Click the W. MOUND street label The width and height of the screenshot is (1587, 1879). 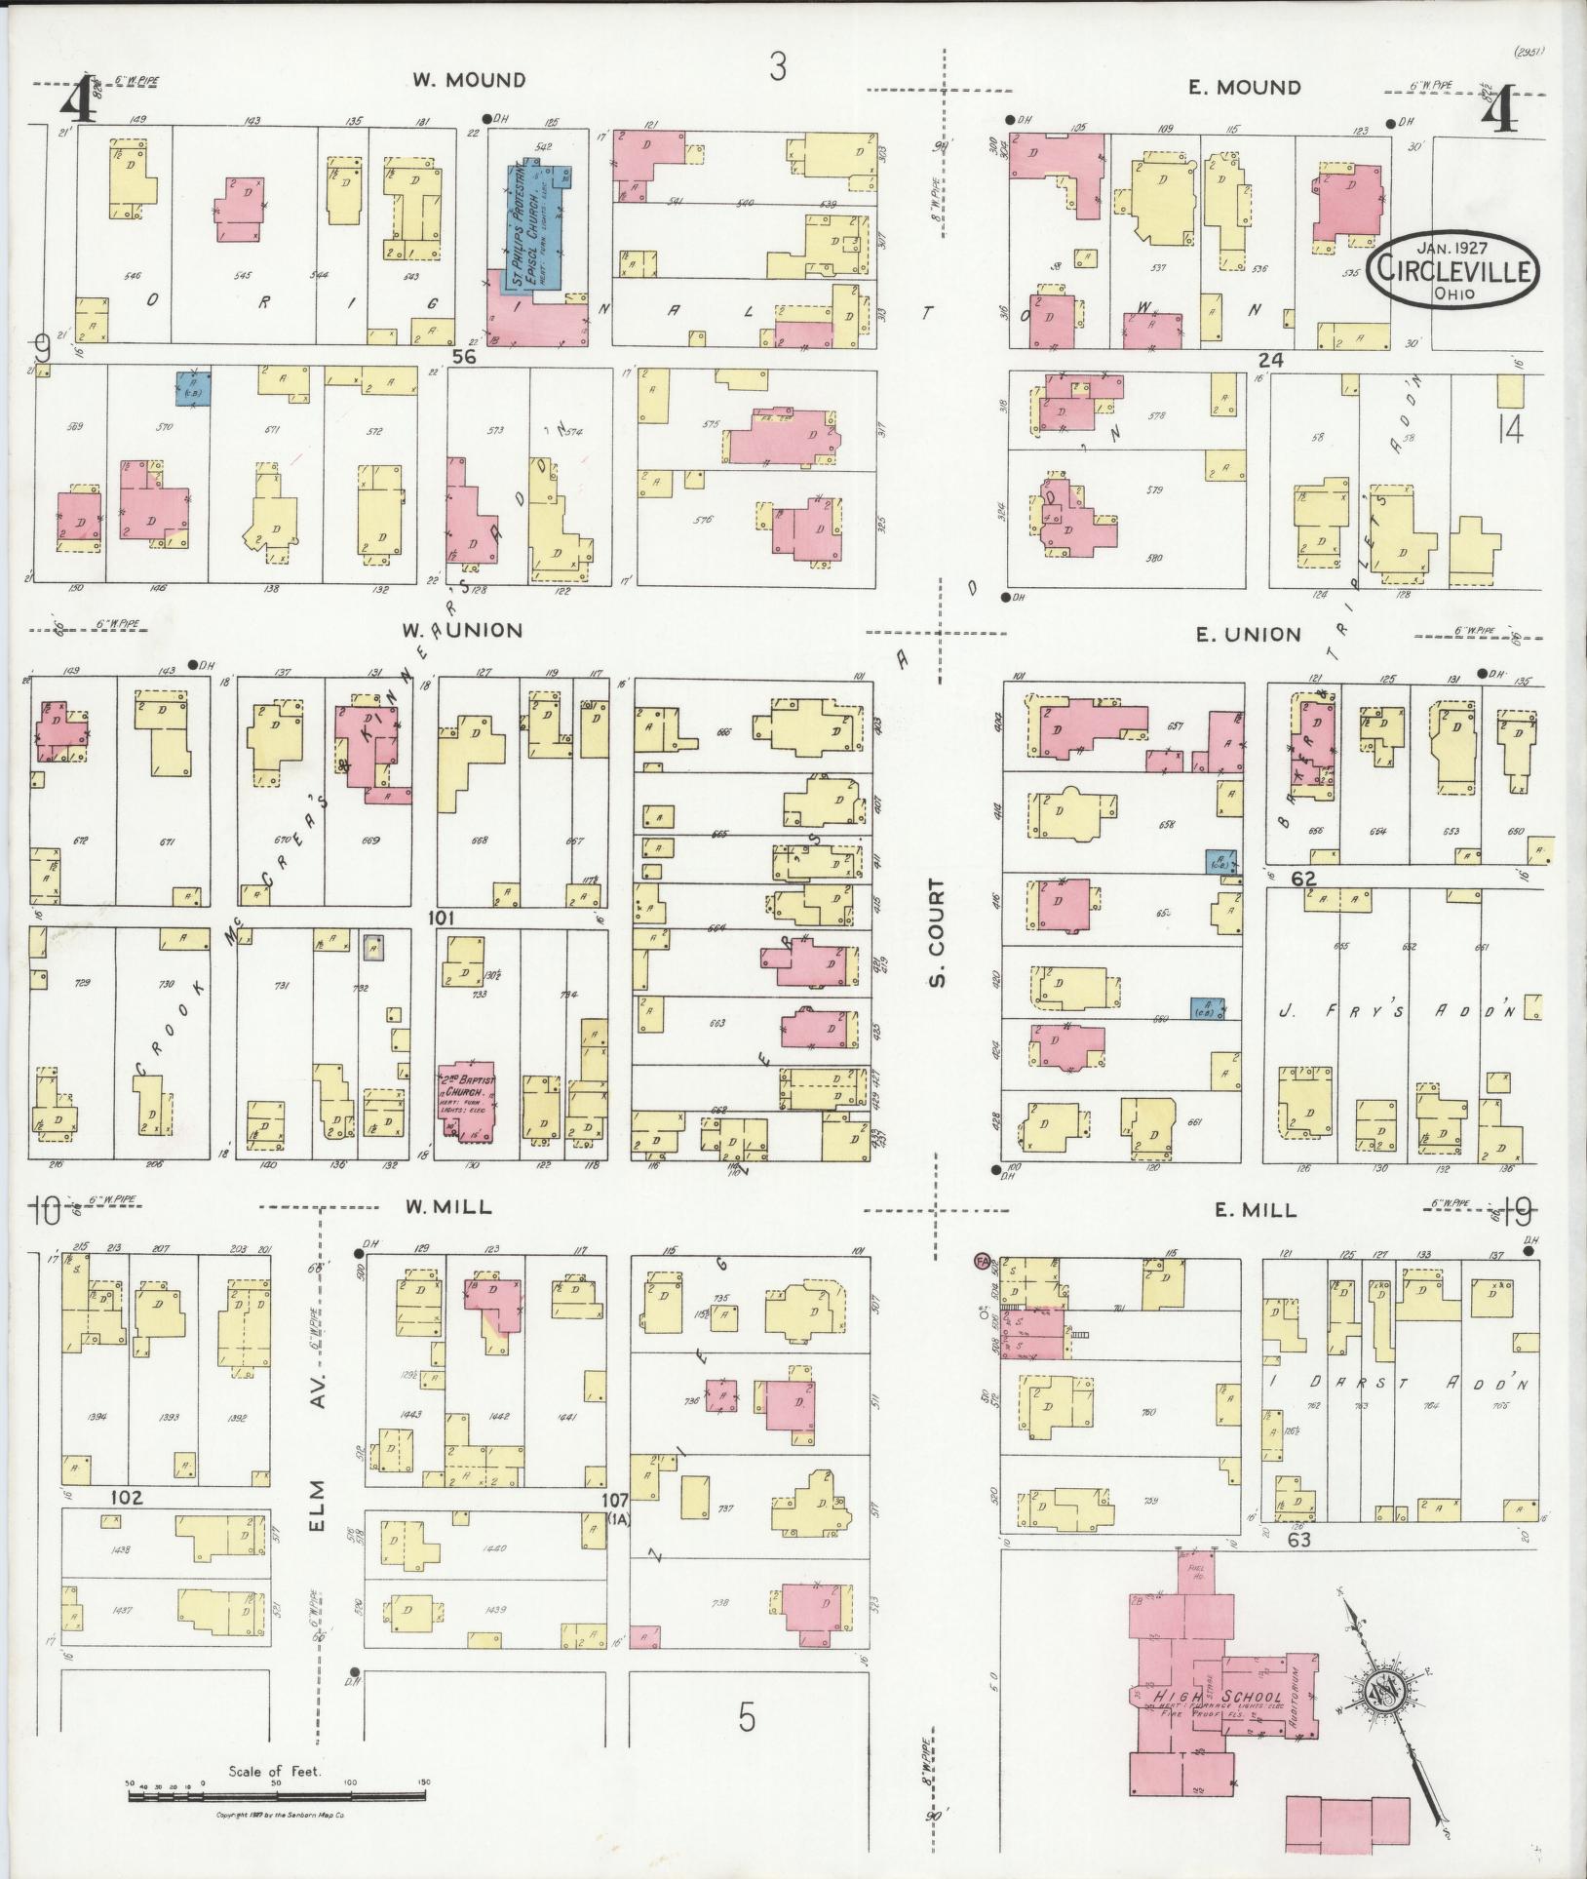click(468, 81)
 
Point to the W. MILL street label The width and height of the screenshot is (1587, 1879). click(448, 1207)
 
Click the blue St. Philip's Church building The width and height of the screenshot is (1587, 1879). click(537, 225)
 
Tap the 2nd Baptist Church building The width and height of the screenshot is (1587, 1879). click(466, 1097)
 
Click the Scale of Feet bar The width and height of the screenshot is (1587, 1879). click(278, 1782)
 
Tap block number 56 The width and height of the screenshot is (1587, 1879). click(464, 358)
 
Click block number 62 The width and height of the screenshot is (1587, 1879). click(1303, 879)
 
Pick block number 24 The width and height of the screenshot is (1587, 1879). click(1270, 360)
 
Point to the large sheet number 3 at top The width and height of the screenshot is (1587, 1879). click(777, 68)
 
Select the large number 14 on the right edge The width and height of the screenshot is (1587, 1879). click(1510, 429)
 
